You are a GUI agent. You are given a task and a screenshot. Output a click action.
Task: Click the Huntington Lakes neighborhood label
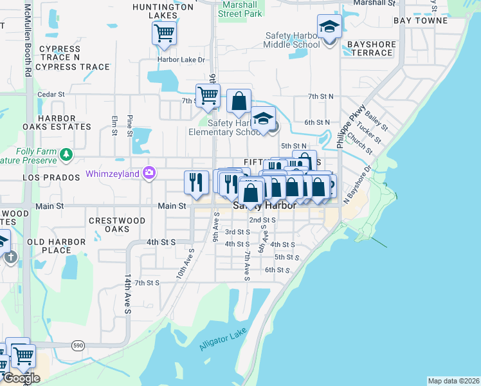tap(163, 11)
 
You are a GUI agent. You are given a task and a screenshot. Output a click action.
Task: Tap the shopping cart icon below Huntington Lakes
tap(165, 32)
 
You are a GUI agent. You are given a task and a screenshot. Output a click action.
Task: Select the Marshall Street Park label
tap(240, 8)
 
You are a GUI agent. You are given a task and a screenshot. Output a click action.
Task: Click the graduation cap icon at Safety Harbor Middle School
tap(329, 28)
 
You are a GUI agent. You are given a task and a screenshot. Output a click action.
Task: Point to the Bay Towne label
tap(421, 21)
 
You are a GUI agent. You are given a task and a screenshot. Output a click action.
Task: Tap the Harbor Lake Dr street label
tap(181, 60)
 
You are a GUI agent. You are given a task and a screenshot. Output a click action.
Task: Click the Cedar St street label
tap(51, 94)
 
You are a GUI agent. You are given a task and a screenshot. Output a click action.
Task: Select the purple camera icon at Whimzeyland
tap(149, 172)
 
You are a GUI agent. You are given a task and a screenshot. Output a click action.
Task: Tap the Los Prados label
tap(46, 176)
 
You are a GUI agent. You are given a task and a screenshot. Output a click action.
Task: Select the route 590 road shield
tap(78, 345)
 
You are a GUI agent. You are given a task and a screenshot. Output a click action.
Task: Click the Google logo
tap(21, 378)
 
